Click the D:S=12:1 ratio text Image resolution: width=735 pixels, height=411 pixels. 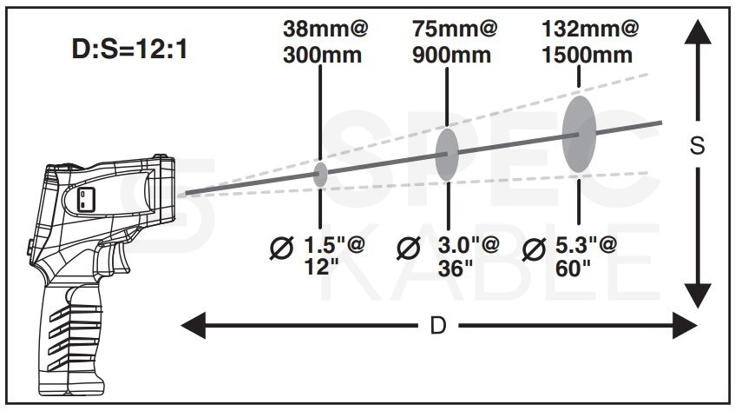point(130,49)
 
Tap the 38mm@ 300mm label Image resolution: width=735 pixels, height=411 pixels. point(325,42)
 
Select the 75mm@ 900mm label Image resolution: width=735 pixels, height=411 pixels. point(454,42)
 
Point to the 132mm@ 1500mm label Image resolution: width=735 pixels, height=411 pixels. point(590,42)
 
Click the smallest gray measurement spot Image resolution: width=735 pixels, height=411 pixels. point(320,175)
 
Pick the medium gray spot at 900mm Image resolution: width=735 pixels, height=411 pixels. point(447,155)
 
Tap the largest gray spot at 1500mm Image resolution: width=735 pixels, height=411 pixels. point(580,134)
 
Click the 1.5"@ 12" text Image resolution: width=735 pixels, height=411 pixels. point(334,256)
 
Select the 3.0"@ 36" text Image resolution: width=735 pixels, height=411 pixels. point(469,256)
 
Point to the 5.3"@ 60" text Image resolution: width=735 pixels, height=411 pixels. point(586,256)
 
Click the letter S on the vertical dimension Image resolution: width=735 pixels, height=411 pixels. point(698,146)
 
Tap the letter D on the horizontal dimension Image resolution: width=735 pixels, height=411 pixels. point(438,325)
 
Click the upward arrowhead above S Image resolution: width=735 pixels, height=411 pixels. point(698,32)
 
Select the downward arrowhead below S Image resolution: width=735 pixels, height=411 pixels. point(698,295)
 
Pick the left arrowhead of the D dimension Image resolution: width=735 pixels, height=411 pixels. point(194,325)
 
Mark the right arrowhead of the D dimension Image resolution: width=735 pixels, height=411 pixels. point(686,325)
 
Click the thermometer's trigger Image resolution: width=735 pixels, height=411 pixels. point(121,257)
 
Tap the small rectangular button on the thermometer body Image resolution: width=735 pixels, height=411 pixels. point(85,199)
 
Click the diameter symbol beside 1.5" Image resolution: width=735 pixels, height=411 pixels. point(281,248)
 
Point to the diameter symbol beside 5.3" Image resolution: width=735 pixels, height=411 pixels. point(534,249)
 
